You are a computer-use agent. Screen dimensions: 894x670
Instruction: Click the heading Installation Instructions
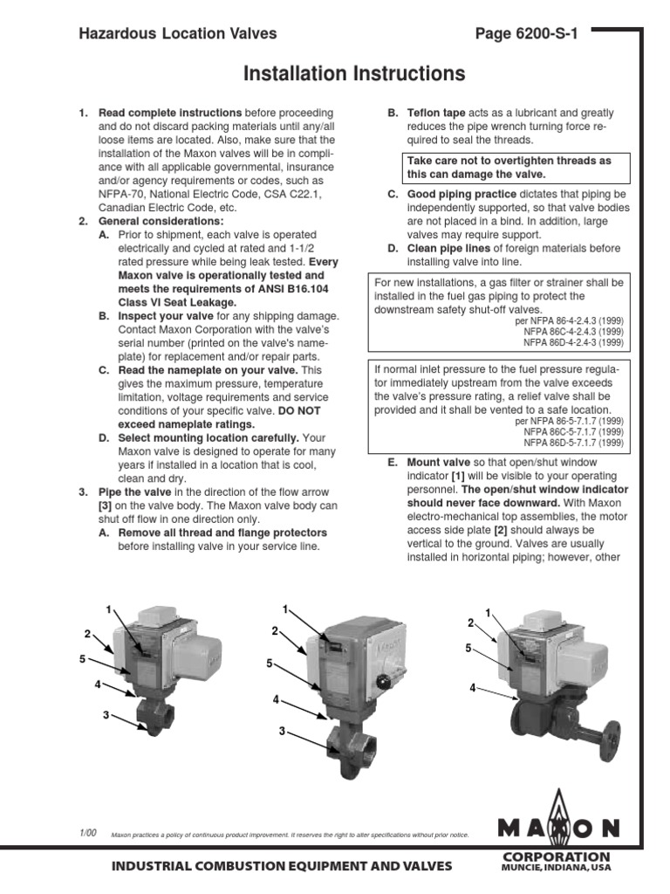click(353, 74)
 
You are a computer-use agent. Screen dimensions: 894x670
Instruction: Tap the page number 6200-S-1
click(526, 34)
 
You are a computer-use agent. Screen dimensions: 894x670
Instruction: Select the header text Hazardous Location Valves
click(178, 34)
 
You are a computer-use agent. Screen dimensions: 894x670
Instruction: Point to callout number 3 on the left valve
click(106, 715)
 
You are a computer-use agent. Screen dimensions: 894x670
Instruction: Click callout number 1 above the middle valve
click(285, 608)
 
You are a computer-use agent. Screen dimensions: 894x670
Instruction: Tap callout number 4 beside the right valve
click(472, 688)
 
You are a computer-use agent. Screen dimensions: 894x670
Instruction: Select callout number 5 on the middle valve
click(270, 664)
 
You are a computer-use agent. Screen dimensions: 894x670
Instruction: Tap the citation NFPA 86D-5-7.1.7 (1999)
click(573, 443)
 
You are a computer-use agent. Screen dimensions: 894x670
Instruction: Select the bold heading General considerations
click(161, 222)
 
